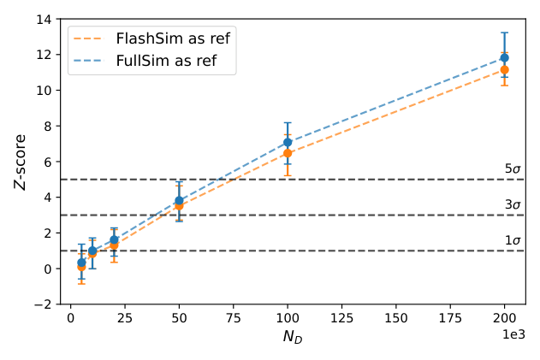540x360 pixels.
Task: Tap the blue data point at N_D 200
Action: point(505,58)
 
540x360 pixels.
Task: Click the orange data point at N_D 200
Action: point(505,69)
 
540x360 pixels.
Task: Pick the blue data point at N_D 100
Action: point(288,142)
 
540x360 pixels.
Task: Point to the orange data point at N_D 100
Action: point(288,153)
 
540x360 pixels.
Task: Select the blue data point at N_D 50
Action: point(179,200)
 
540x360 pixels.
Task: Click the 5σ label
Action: point(513,169)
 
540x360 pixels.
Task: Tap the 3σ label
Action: point(513,204)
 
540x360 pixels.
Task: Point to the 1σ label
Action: point(513,240)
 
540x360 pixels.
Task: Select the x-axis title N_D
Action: point(293,337)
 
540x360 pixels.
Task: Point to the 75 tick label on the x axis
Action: point(234,318)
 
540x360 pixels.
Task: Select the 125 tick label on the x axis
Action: point(342,318)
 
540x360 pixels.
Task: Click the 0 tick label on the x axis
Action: point(71,318)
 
